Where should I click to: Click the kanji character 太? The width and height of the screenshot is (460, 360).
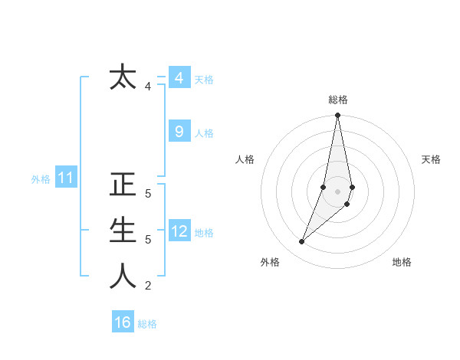123,78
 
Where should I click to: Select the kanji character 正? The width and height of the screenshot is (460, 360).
123,185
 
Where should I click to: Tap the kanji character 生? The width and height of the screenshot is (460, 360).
123,230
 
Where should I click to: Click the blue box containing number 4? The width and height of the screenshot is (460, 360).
179,78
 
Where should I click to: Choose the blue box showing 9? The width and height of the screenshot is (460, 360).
179,132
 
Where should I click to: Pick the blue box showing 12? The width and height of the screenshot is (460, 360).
179,231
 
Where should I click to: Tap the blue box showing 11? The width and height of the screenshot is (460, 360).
66,178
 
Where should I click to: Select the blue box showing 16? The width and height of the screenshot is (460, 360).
123,322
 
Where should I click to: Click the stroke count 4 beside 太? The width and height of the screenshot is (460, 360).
148,87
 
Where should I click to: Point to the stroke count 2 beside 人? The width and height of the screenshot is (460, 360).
148,286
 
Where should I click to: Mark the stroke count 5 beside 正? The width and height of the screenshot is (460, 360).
148,194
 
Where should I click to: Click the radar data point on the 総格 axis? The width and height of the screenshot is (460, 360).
337,116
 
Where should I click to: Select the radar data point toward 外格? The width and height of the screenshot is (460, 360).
301,242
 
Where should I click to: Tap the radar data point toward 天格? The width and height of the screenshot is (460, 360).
352,187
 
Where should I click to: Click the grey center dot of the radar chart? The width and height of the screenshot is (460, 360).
337,191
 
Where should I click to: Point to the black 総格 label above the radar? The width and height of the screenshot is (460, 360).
338,100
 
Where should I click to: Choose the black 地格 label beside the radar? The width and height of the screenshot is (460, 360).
402,262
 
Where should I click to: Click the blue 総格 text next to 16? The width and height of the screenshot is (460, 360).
147,324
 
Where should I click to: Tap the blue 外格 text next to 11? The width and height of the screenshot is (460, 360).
41,179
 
